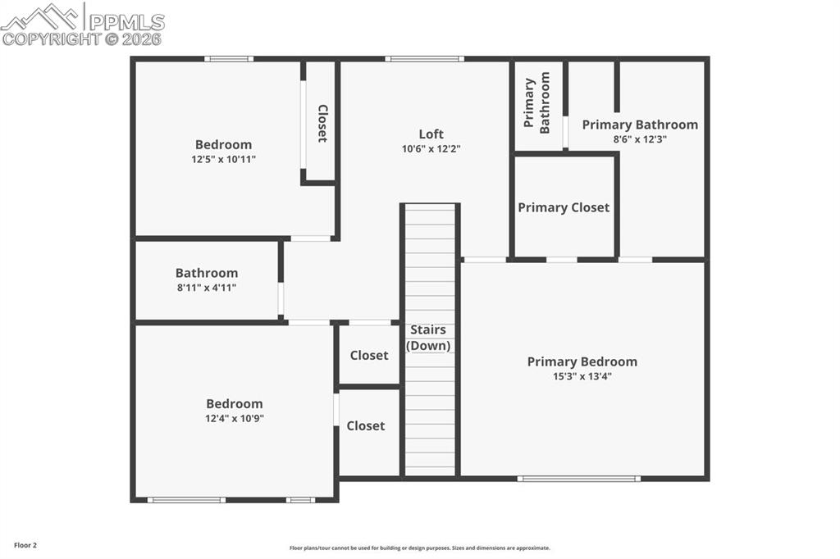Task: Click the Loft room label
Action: pyautogui.click(x=431, y=134)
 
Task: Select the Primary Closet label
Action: pyautogui.click(x=564, y=207)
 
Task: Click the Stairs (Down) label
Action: pyautogui.click(x=429, y=338)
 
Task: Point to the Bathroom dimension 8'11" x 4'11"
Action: pyautogui.click(x=206, y=288)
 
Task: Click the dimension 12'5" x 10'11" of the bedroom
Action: pyautogui.click(x=223, y=159)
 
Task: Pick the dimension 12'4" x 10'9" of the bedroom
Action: pyautogui.click(x=234, y=418)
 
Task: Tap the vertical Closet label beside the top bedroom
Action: pyautogui.click(x=322, y=124)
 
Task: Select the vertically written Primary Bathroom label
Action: pyautogui.click(x=537, y=106)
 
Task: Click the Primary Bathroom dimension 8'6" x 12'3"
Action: pyautogui.click(x=640, y=139)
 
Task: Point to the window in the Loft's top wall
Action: pyautogui.click(x=424, y=59)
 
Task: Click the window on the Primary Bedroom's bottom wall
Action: pyautogui.click(x=579, y=478)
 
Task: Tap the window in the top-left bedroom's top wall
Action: pyautogui.click(x=228, y=59)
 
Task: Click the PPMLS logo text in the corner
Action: pyautogui.click(x=126, y=21)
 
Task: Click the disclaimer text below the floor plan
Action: pyautogui.click(x=419, y=548)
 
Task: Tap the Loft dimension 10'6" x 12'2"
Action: pyautogui.click(x=431, y=149)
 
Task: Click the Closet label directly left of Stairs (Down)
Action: pyautogui.click(x=369, y=355)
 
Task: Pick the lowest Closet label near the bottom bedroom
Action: pyautogui.click(x=365, y=425)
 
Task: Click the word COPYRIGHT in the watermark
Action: pyautogui.click(x=50, y=39)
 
